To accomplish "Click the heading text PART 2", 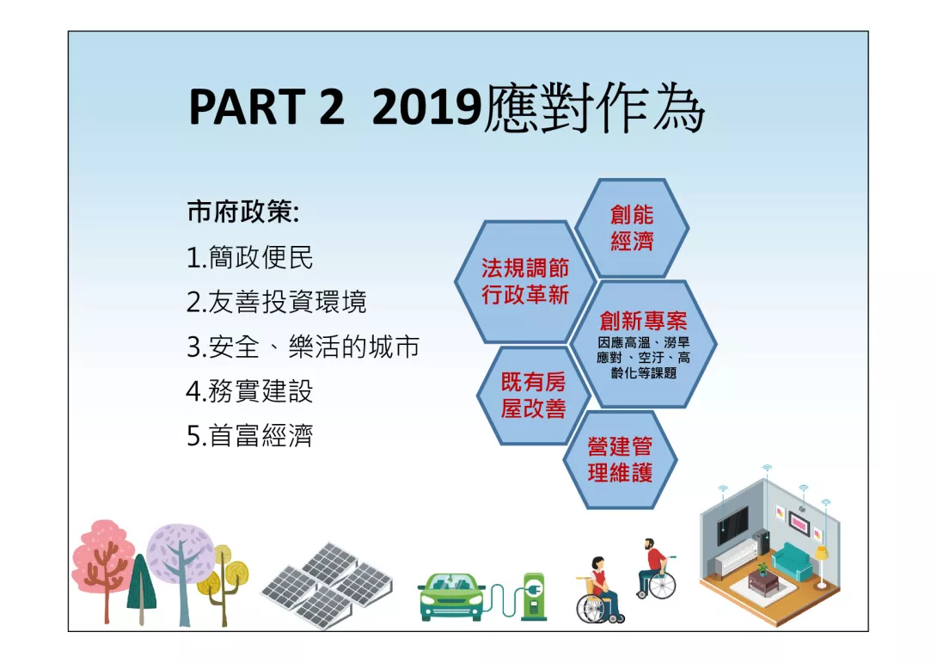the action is coord(266,107).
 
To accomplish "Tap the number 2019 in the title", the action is coord(426,107).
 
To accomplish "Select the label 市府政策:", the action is coord(243,212).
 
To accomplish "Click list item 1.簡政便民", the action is coord(250,257).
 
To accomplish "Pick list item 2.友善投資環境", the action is coord(276,301).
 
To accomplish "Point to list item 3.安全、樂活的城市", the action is coord(303,347).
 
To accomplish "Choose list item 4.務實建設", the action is coord(250,391).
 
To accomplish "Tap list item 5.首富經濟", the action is coord(250,435).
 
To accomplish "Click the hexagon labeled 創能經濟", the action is coord(632,229).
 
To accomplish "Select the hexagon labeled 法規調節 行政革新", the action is coord(525,281).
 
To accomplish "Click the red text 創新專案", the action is coord(643,321).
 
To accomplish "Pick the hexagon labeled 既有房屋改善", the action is coord(533,396).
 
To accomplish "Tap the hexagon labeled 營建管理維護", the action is coord(620,460).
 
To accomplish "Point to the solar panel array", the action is coord(328,585).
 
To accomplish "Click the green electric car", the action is coord(452,596).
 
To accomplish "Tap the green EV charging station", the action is coord(534,595).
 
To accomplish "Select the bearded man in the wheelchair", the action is coord(656,568).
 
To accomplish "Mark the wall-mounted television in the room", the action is coord(732,525).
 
